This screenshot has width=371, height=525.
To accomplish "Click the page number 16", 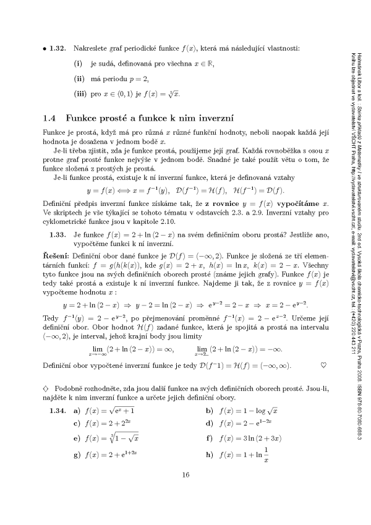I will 185,492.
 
